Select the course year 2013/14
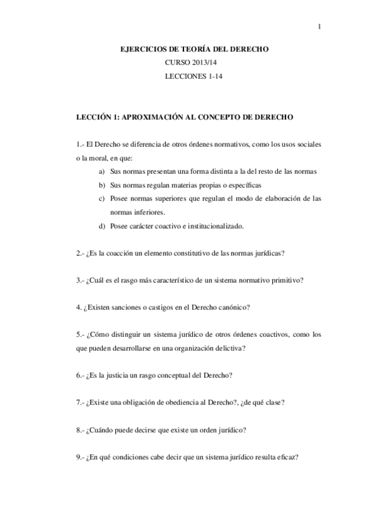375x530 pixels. pyautogui.click(x=202, y=63)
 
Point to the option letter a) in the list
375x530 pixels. pyautogui.click(x=101, y=171)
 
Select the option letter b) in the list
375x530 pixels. pyautogui.click(x=101, y=185)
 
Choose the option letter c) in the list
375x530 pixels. pyautogui.click(x=101, y=199)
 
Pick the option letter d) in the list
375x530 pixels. pyautogui.click(x=101, y=226)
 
